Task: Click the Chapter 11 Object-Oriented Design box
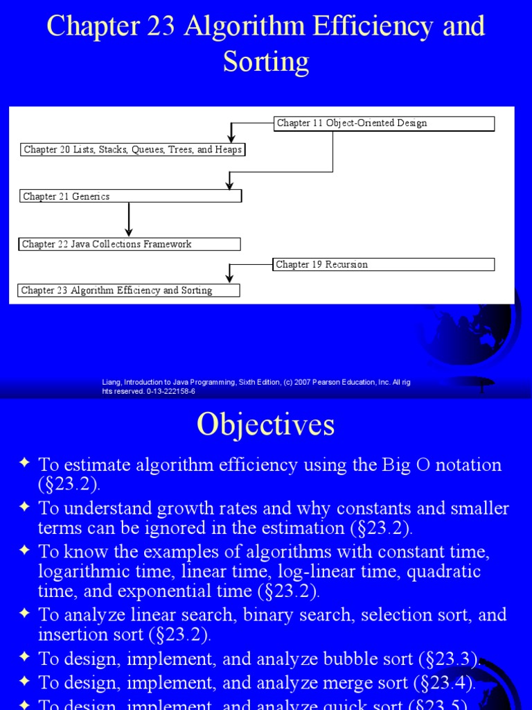tap(384, 123)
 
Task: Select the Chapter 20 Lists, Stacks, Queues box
tap(132, 150)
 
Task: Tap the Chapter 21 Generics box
tap(130, 196)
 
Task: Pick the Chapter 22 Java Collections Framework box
tap(130, 244)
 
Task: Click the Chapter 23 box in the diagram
tap(129, 291)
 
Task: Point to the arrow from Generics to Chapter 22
tap(129, 220)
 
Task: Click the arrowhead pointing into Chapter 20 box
tap(231, 139)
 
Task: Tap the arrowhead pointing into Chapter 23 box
tap(231, 279)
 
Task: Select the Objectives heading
tap(265, 424)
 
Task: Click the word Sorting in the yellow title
tap(265, 62)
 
